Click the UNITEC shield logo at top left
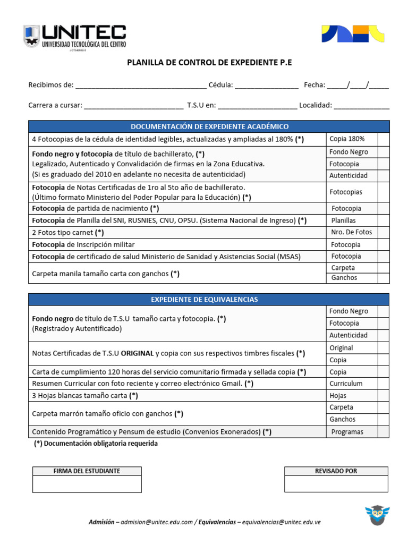click(31, 36)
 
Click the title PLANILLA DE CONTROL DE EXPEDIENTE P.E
click(209, 63)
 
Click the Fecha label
click(314, 85)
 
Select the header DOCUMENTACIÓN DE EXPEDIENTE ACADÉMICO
click(209, 126)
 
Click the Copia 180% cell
click(347, 139)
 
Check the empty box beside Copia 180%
click(384, 139)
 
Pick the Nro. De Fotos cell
click(351, 232)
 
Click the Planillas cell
click(344, 220)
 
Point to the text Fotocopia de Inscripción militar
click(83, 244)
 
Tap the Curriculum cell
click(346, 384)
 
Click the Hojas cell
click(338, 396)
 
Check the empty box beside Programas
click(384, 432)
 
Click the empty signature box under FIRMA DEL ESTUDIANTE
click(87, 484)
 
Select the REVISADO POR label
click(336, 471)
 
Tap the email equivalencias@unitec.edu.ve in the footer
click(281, 522)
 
